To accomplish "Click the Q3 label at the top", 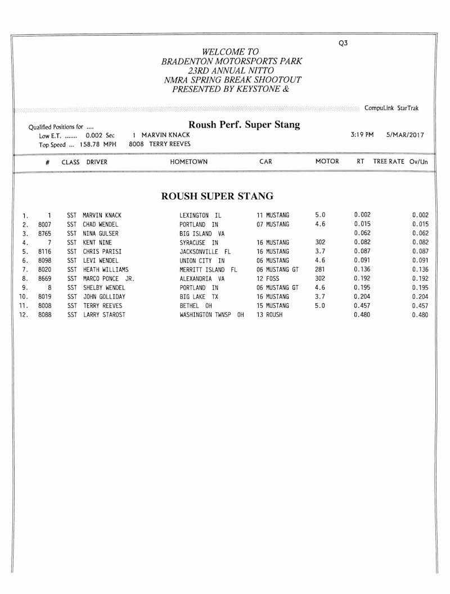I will click(x=343, y=43).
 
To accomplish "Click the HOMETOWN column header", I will click(x=188, y=162).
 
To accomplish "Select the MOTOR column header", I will click(x=327, y=161).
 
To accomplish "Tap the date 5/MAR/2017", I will click(x=406, y=135).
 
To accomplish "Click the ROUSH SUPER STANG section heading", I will click(x=217, y=196).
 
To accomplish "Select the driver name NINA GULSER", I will click(x=101, y=233).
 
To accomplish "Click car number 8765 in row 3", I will click(x=45, y=233).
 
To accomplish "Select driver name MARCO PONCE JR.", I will click(x=109, y=278).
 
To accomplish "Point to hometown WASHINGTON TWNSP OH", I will click(x=211, y=315).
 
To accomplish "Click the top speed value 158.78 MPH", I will click(x=101, y=144).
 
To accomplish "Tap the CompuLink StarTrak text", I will click(x=391, y=108).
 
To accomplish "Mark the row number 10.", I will click(x=24, y=297).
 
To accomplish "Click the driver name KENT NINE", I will click(x=97, y=242).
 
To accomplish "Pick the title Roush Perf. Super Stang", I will click(x=244, y=125).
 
